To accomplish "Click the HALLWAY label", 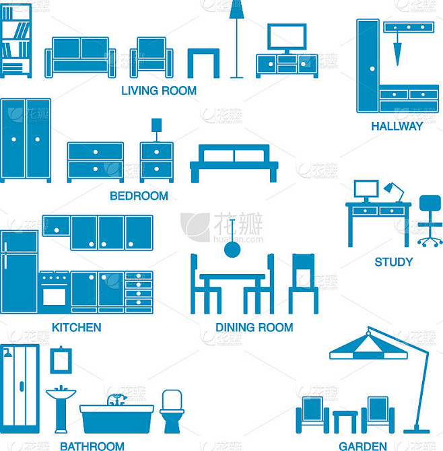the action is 397,126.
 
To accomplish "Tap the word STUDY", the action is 394,262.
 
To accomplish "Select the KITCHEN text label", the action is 77,327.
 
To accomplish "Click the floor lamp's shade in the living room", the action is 236,9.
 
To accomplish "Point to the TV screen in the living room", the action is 287,36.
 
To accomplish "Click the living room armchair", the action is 151,57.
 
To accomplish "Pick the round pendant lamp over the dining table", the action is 232,249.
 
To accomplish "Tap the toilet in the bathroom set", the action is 172,411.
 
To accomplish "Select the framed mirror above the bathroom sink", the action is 61,360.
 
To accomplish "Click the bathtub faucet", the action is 116,399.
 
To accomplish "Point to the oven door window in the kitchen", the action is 54,297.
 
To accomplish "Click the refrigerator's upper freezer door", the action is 20,242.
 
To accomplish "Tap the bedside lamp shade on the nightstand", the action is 156,125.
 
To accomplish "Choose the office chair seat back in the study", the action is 430,203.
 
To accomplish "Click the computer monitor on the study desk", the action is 366,189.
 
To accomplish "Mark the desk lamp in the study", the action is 394,192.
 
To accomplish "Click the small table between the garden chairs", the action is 345,421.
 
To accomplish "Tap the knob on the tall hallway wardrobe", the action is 372,69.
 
